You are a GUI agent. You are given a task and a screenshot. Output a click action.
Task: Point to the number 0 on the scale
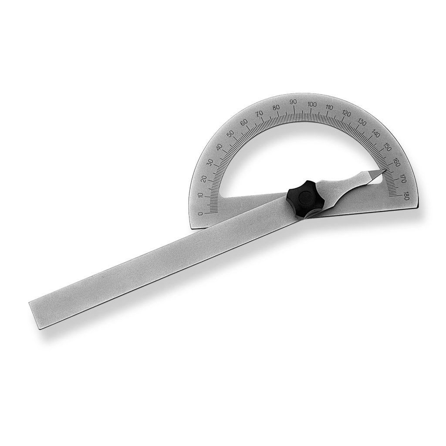[x=200, y=213]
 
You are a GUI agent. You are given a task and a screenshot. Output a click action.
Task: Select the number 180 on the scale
[x=406, y=196]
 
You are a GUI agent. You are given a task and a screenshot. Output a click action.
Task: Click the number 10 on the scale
[x=201, y=195]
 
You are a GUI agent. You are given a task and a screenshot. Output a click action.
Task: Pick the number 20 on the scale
[x=204, y=178]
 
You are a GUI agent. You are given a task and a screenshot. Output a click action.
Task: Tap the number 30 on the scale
[x=210, y=162]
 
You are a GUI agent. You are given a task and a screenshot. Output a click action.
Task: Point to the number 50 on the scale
[x=230, y=133]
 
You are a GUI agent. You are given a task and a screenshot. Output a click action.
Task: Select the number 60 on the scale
[x=244, y=122]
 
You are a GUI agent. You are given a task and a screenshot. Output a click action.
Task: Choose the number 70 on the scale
[x=260, y=113]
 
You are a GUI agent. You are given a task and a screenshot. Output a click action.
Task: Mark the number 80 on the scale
[x=276, y=107]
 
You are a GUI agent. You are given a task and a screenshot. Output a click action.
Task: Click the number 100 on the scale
[x=312, y=104]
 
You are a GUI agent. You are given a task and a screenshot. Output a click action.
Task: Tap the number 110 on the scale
[x=329, y=107]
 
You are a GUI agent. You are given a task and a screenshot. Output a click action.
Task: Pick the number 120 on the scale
[x=346, y=113]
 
